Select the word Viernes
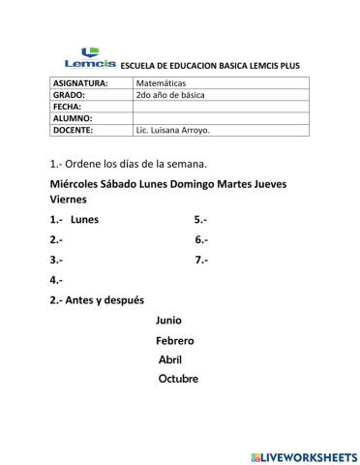coord(68,200)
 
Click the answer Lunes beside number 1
coord(84,219)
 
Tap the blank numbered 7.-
coord(202,259)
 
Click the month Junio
coord(168,320)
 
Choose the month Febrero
coord(175,340)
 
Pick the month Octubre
coord(178,379)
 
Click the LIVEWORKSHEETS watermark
coord(303,455)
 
